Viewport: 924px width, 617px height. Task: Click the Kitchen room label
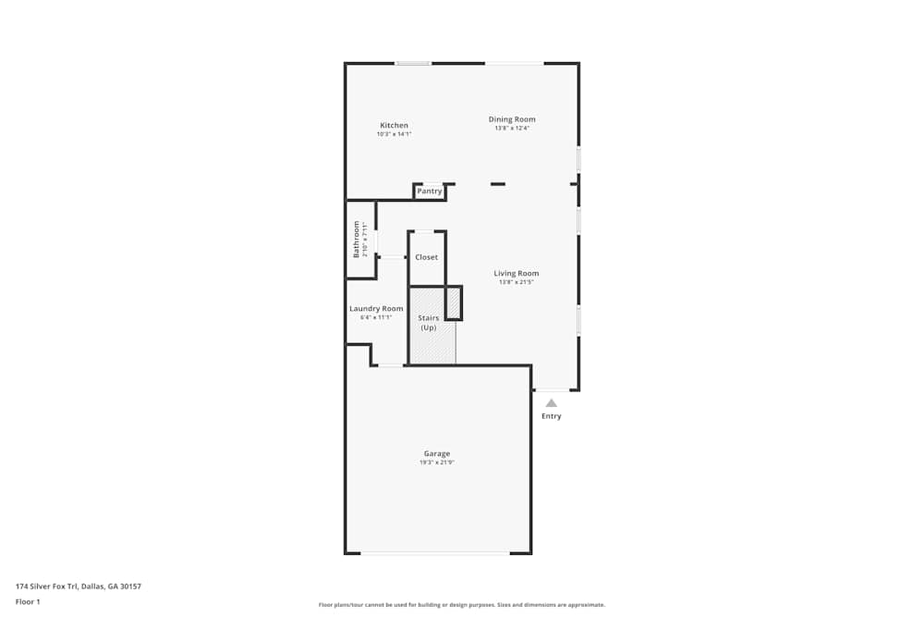click(x=394, y=126)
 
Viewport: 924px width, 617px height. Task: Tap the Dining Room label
click(x=512, y=119)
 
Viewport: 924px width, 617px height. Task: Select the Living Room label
click(x=516, y=274)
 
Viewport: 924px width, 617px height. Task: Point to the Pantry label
click(x=429, y=191)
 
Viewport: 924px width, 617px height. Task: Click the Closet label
click(x=426, y=257)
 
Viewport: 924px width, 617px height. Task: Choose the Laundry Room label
click(x=376, y=309)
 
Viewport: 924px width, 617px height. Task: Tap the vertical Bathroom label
click(x=356, y=239)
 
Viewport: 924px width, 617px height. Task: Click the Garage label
click(x=437, y=454)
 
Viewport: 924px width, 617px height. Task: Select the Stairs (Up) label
click(x=429, y=323)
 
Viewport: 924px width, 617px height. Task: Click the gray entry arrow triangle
click(x=551, y=402)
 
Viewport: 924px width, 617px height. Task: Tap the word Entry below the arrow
click(x=551, y=416)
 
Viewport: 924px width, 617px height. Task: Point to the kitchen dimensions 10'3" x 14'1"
click(x=394, y=134)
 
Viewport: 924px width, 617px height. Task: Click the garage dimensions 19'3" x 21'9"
click(x=437, y=463)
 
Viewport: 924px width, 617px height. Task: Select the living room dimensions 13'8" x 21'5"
click(x=516, y=282)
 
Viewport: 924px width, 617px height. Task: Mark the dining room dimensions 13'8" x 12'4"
click(x=512, y=128)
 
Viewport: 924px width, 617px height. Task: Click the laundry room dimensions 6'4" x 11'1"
click(x=376, y=317)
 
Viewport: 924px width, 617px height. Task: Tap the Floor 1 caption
click(x=28, y=601)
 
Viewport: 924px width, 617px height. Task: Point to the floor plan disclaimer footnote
click(x=462, y=605)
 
